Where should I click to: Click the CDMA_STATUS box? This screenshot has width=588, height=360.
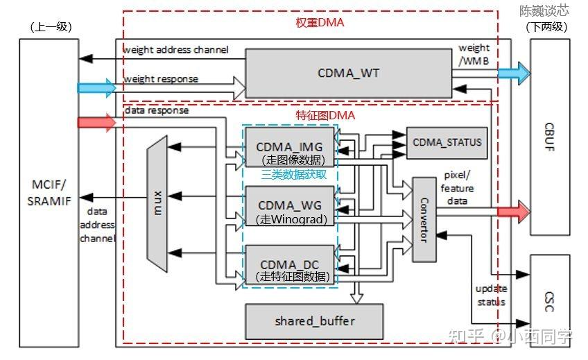(x=446, y=142)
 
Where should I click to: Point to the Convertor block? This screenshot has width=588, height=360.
(x=424, y=219)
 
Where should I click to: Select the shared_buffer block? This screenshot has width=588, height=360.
(x=314, y=321)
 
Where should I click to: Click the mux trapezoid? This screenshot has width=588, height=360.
(x=157, y=202)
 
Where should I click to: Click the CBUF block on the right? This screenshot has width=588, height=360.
(x=550, y=137)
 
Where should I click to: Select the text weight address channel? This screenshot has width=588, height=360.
(x=175, y=50)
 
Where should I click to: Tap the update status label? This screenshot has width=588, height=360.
(x=491, y=295)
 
